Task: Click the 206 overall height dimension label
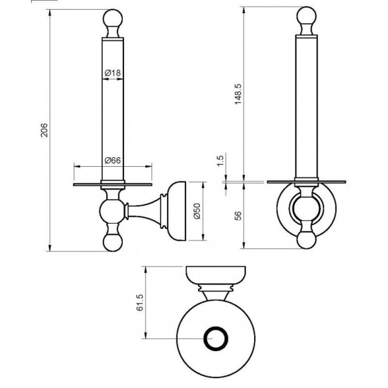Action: [44, 130]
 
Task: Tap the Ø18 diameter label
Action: [113, 72]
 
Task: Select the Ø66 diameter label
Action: [113, 160]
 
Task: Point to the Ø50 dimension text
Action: [197, 211]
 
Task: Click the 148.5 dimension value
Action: [238, 94]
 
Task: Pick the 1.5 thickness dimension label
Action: [221, 161]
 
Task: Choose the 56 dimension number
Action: [238, 215]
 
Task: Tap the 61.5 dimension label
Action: [140, 303]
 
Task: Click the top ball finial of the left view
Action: [113, 18]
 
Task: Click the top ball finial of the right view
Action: [307, 16]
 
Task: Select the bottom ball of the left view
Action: [113, 242]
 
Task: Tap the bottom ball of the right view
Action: [307, 240]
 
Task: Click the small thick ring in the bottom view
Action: [215, 338]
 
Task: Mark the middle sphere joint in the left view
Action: [112, 211]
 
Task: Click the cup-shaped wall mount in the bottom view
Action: [215, 276]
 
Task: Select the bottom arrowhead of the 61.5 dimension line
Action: [145, 335]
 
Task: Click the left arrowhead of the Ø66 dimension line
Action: [77, 166]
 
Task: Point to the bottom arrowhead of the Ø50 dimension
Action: [202, 237]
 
